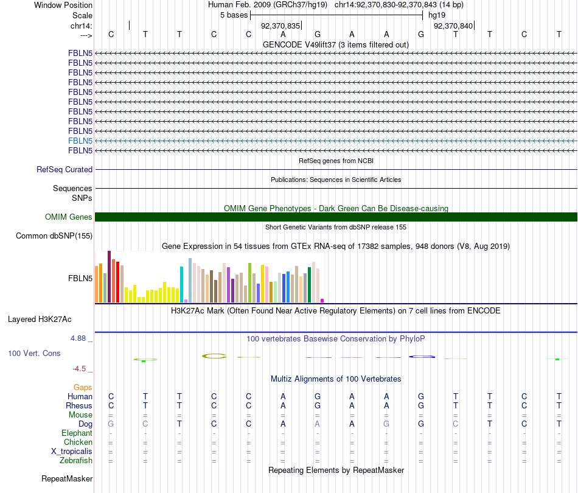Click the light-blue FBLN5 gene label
coord(80,141)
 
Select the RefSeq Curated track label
coord(64,170)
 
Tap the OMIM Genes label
coord(69,217)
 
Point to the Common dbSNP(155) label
coord(54,236)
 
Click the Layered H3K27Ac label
coord(40,319)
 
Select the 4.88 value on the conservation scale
coord(82,338)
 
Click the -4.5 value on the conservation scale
coord(82,369)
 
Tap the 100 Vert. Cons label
coord(34,354)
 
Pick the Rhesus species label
coord(79,406)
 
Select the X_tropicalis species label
coord(72,452)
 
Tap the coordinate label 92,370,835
coord(280,26)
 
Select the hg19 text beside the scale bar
coord(437,14)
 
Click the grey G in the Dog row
coord(111,424)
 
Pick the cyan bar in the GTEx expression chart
coord(182,284)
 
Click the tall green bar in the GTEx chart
coord(249,282)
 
